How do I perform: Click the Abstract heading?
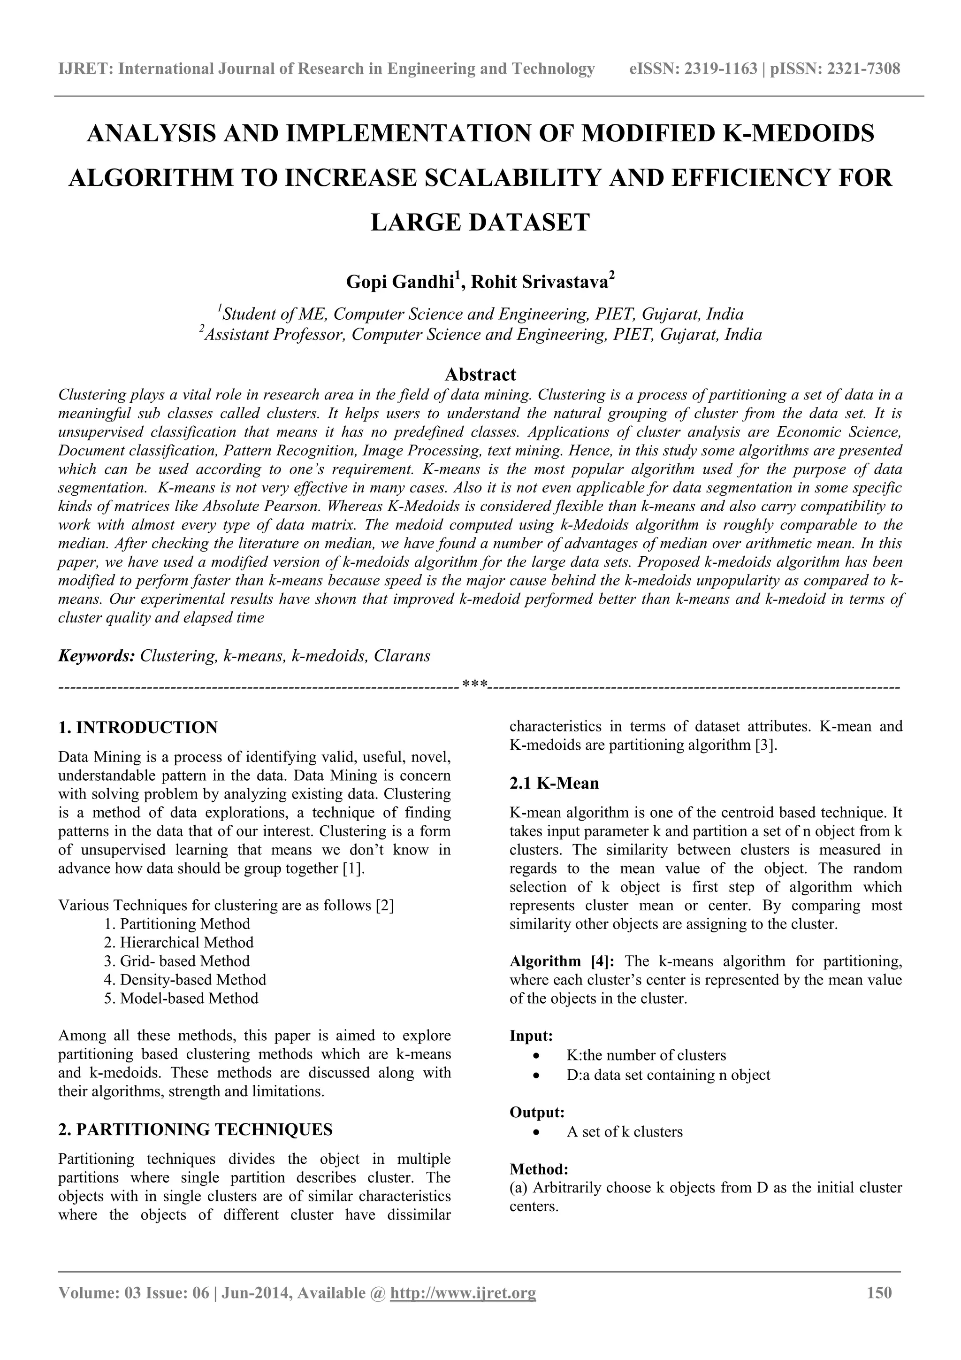[x=480, y=374]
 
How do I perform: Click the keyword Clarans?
[x=402, y=656]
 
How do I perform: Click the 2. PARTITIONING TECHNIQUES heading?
[x=195, y=1129]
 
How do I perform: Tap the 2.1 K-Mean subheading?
[x=554, y=784]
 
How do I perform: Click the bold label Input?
[x=531, y=1036]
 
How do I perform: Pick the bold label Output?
[x=537, y=1113]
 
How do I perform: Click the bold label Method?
[x=539, y=1169]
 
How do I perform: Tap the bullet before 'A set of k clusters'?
[x=536, y=1132]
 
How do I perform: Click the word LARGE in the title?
[x=414, y=223]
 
